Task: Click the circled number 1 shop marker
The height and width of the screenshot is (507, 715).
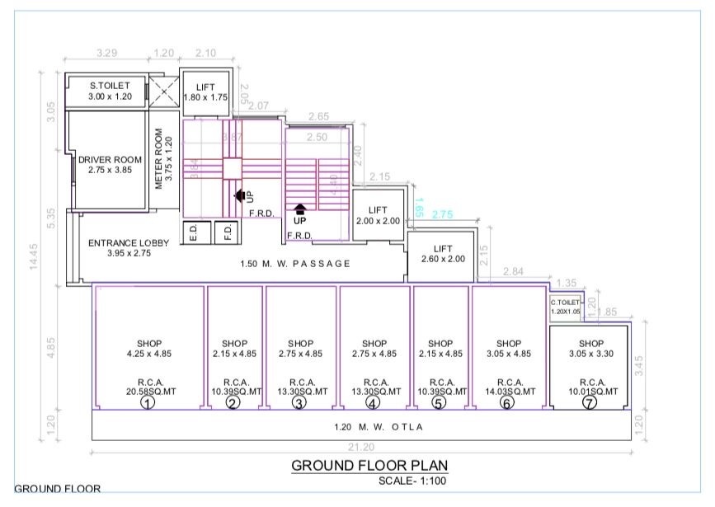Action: coord(148,403)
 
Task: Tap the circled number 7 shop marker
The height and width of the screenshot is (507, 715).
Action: coord(589,403)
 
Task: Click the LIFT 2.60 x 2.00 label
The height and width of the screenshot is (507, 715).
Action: coord(443,253)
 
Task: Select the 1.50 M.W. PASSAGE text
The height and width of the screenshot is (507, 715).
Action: coord(295,264)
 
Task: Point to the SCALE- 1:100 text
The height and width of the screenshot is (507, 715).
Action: coord(412,481)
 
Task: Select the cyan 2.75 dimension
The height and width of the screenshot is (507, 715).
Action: coord(443,214)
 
